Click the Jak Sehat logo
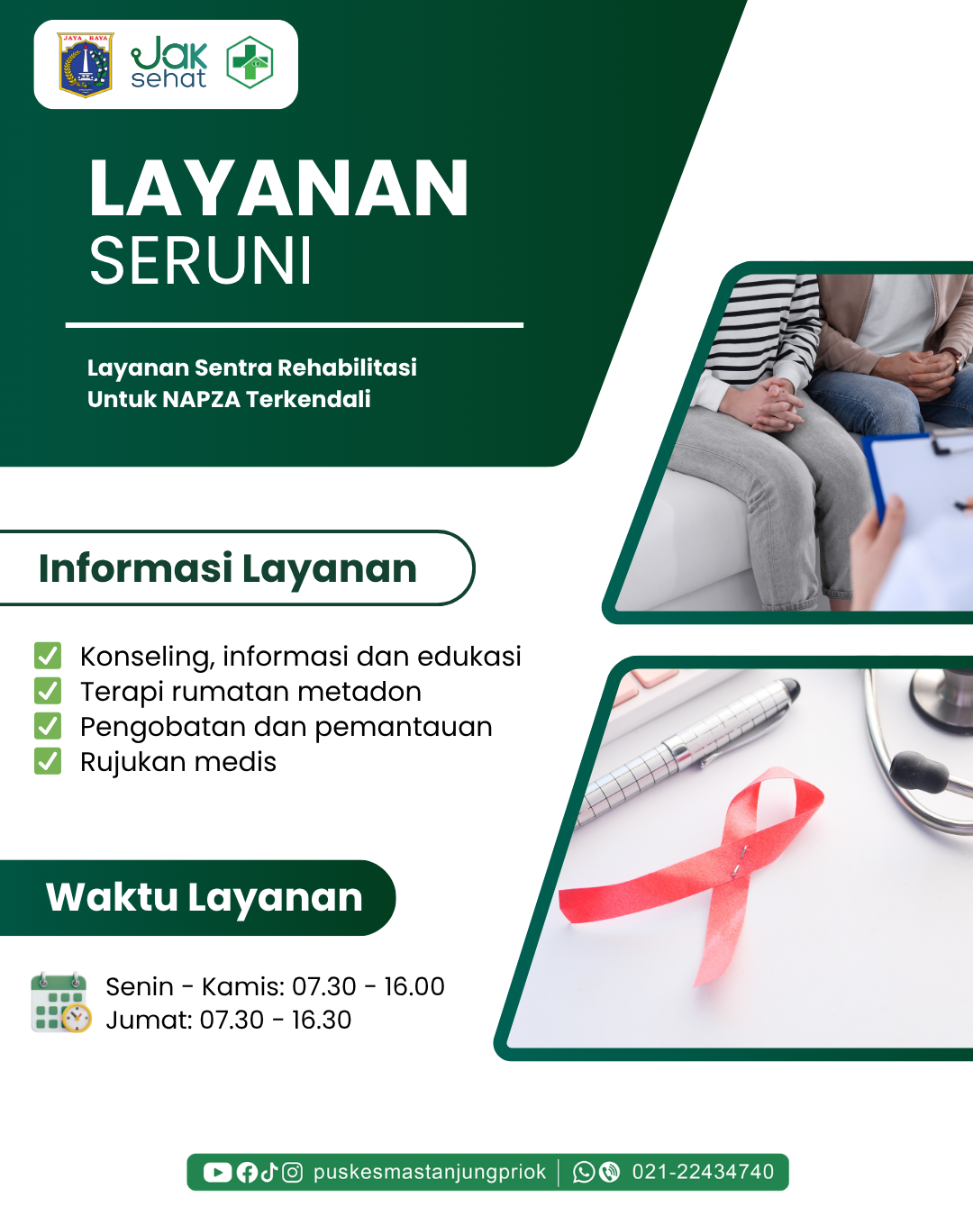(169, 62)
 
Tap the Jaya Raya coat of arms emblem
(86, 65)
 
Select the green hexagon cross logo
(250, 62)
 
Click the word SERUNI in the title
(201, 261)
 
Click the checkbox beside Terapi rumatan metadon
(48, 691)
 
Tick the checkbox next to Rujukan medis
(48, 760)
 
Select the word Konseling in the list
(147, 658)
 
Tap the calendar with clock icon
(60, 1003)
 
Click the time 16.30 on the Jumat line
(321, 1020)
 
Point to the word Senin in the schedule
(140, 986)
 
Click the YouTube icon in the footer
(217, 1173)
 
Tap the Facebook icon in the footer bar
(247, 1173)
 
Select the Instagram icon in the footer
(292, 1173)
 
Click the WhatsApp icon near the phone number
(584, 1173)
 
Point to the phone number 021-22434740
(703, 1172)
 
